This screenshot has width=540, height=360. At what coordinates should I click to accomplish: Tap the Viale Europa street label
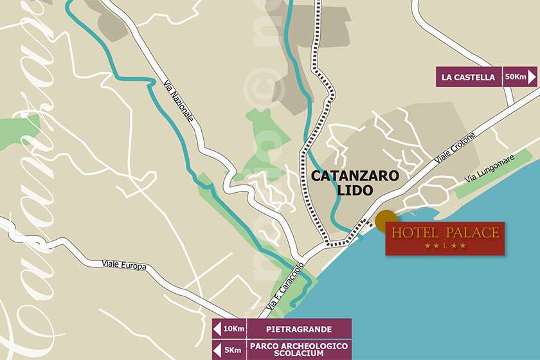pyautogui.click(x=124, y=265)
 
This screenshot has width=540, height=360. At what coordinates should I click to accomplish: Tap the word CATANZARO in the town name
pyautogui.click(x=355, y=175)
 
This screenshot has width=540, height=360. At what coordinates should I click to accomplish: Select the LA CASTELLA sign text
pyautogui.click(x=468, y=78)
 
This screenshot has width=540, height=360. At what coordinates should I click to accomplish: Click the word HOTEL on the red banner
pyautogui.click(x=415, y=233)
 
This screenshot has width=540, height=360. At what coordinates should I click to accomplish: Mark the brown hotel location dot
pyautogui.click(x=386, y=221)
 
